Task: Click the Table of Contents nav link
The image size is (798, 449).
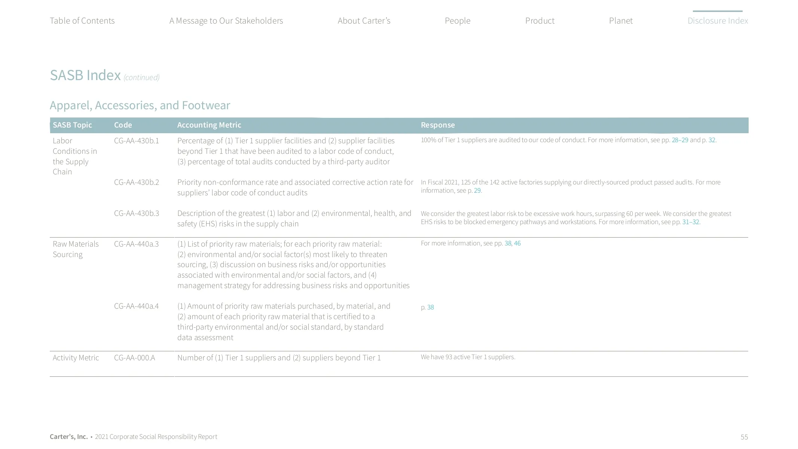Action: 82,21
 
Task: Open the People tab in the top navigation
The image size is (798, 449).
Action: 457,21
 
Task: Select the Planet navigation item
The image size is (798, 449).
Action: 621,21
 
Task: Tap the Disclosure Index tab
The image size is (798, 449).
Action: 718,21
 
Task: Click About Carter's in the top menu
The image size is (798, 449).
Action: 364,21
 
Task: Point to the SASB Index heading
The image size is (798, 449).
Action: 85,75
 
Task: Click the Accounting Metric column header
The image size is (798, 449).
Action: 209,125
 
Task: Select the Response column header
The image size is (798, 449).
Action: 438,125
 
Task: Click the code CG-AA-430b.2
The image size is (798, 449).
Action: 137,182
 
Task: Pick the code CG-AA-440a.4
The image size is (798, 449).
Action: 136,306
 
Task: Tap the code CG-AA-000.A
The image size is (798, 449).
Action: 134,358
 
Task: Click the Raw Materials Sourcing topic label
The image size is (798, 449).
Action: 76,249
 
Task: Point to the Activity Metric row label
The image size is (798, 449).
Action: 76,358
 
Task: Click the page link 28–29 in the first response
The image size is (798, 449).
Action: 680,140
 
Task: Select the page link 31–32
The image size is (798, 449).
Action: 690,222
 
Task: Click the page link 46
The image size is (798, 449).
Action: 517,243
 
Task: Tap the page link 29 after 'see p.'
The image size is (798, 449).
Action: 477,190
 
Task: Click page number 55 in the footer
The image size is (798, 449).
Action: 744,437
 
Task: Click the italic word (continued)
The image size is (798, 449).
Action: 141,77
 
